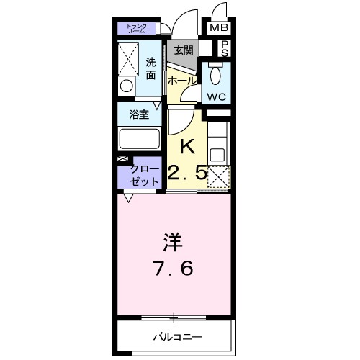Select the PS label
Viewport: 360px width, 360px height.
[224, 48]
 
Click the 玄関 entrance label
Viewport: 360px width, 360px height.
[183, 50]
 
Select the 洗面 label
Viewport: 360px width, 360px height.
[151, 68]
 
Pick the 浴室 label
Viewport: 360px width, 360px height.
[138, 114]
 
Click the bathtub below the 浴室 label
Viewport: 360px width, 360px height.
[138, 138]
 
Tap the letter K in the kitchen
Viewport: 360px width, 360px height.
[186, 146]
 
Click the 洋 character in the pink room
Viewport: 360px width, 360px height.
[173, 240]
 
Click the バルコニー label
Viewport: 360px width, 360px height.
[176, 336]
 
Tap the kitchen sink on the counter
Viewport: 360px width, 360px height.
[217, 152]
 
